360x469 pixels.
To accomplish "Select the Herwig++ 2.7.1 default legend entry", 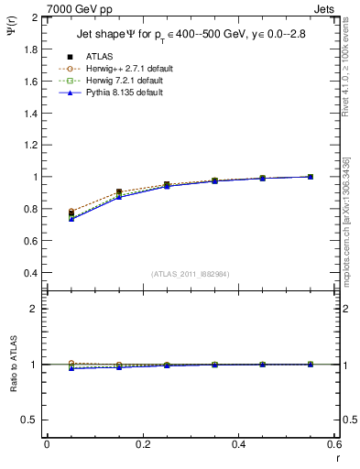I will point(125,68).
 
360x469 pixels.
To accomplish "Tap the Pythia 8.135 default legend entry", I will point(121,93).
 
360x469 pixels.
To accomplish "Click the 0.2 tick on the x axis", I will point(142,444).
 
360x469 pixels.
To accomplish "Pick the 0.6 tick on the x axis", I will point(333,444).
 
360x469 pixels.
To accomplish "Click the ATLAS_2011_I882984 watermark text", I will point(190,274).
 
